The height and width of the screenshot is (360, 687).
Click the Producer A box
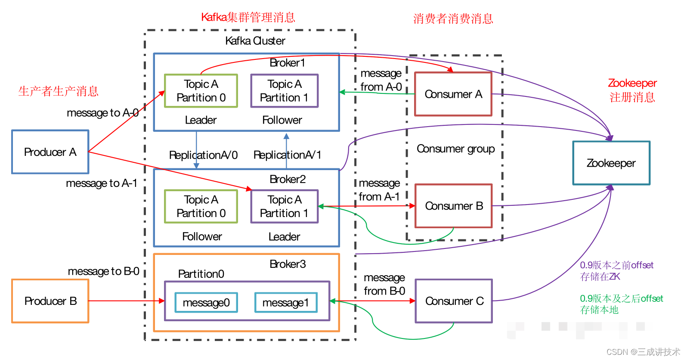point(50,152)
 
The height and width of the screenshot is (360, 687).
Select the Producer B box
point(50,301)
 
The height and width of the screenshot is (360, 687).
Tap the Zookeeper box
point(611,163)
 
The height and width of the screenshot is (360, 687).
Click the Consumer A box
point(453,94)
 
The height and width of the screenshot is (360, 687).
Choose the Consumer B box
point(453,206)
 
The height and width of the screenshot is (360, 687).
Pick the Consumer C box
point(454,301)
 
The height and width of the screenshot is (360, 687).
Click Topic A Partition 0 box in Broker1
point(201,91)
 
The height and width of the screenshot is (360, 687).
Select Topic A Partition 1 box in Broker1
point(284,91)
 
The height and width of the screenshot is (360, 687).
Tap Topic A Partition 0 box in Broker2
point(201,206)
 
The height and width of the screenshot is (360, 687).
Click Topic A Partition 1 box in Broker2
point(284,206)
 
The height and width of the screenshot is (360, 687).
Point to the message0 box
point(206,303)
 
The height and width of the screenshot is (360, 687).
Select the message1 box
point(285,303)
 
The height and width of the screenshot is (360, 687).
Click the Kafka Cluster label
point(255,41)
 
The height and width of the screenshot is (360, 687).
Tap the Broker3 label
point(288,264)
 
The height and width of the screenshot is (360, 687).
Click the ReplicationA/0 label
point(203,155)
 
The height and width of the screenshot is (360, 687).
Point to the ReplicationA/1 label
point(287,155)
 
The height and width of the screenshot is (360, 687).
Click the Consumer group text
point(455,149)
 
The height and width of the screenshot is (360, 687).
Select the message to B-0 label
point(103,271)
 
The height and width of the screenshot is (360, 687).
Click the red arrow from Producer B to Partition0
point(125,301)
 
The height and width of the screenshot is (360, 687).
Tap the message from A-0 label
point(381,80)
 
